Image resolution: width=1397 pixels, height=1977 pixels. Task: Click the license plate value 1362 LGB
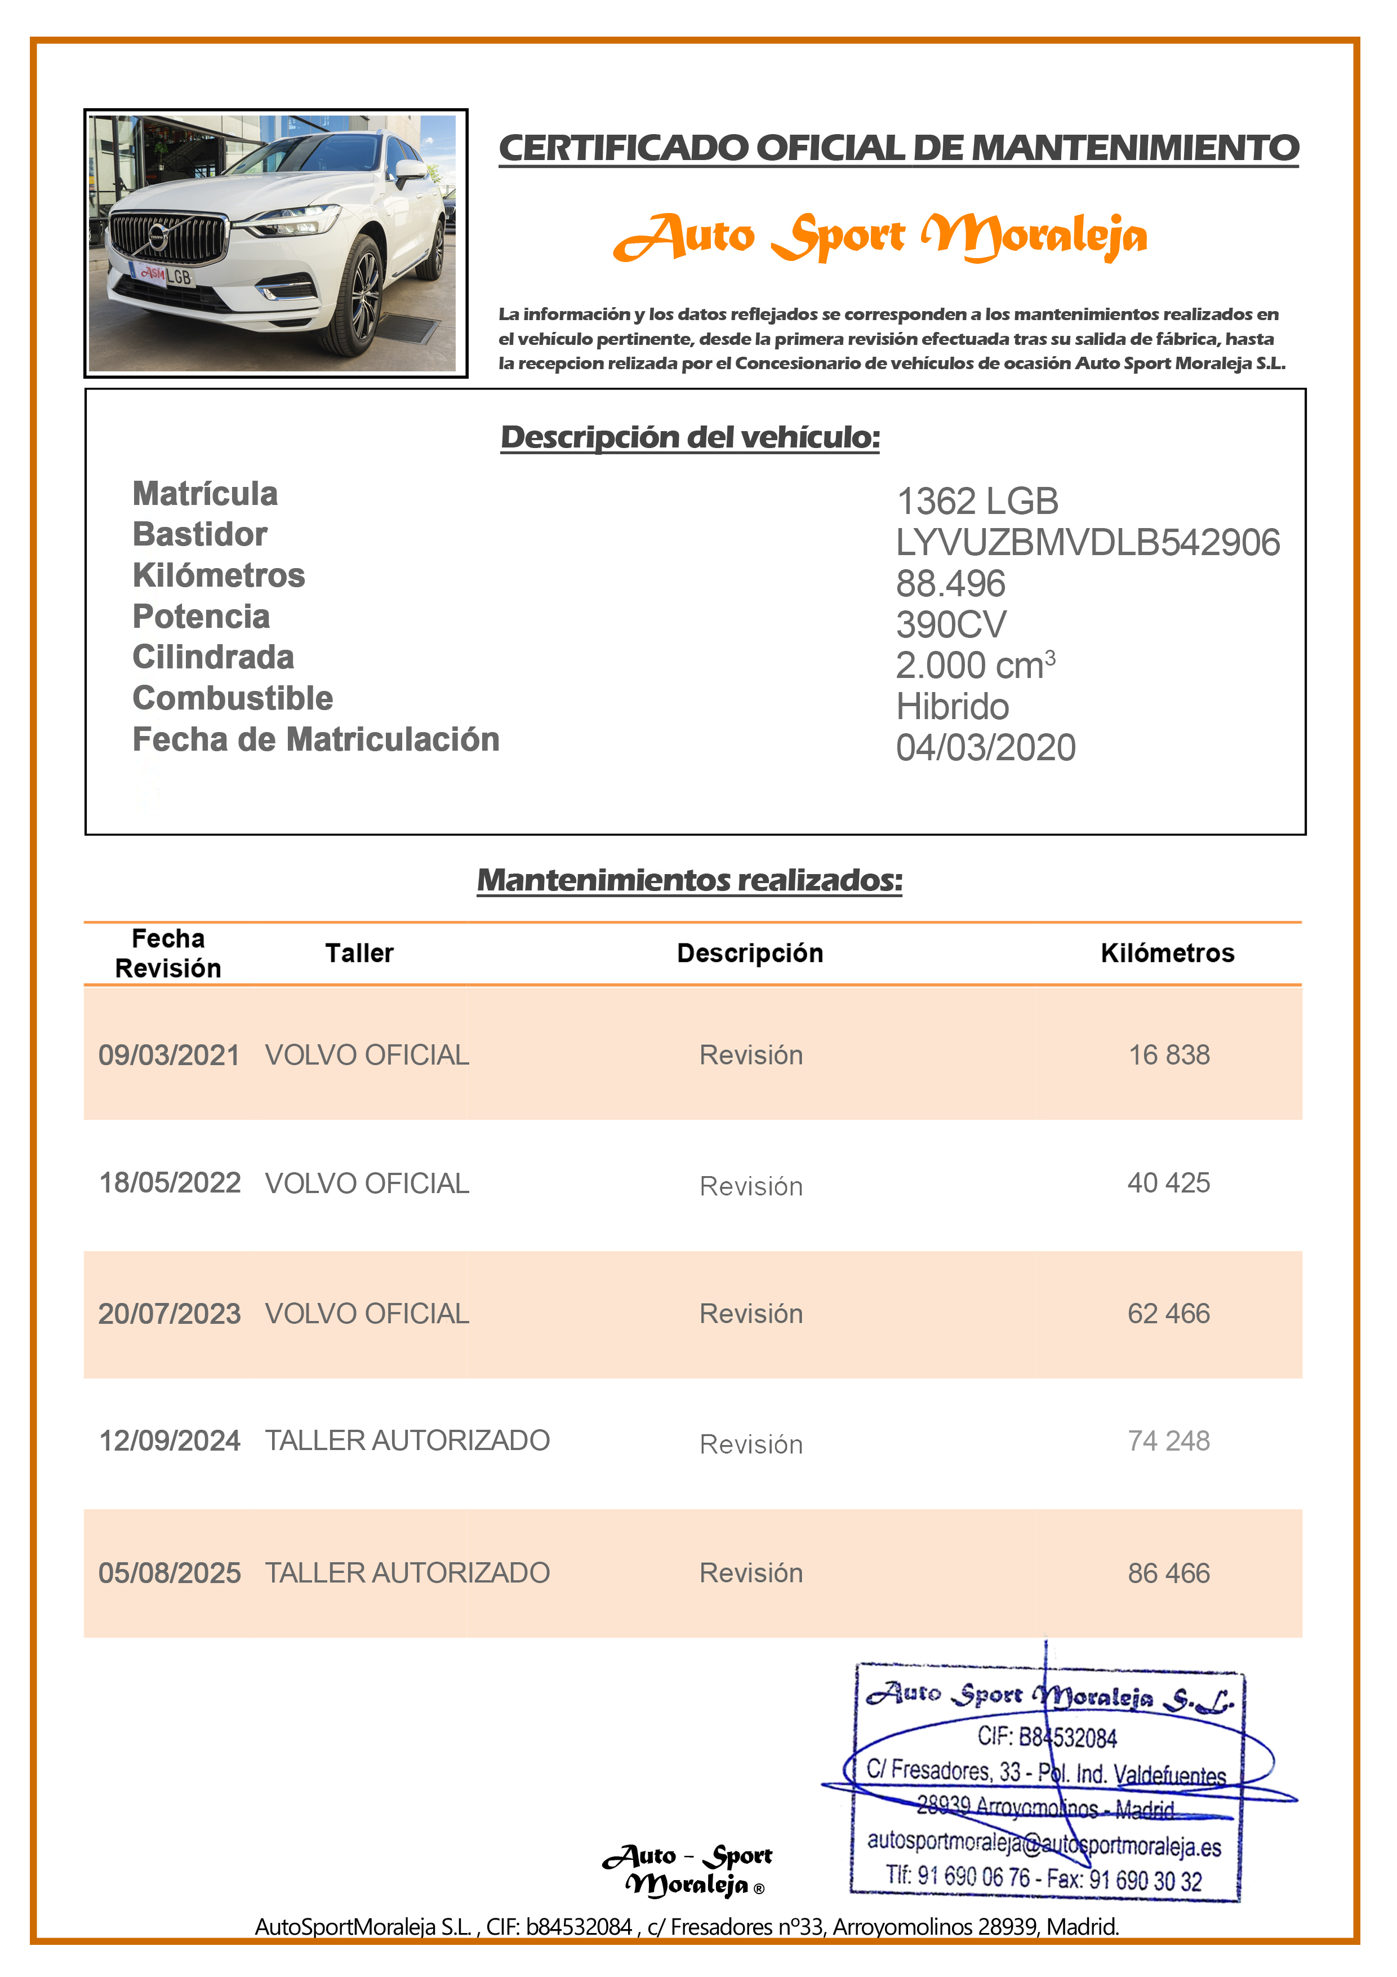click(x=977, y=501)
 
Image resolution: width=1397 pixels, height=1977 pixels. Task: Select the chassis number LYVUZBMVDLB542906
click(x=1087, y=543)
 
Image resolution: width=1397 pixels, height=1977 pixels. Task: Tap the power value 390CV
click(x=950, y=624)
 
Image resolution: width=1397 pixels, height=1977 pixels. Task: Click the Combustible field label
click(x=233, y=698)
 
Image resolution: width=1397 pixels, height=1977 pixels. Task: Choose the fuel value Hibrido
click(x=952, y=707)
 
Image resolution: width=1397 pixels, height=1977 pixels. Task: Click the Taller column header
click(x=359, y=953)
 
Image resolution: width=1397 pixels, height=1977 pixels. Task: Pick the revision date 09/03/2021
click(x=168, y=1055)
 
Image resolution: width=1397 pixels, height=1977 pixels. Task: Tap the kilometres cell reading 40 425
click(x=1168, y=1182)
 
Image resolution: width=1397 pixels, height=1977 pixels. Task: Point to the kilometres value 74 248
click(x=1168, y=1440)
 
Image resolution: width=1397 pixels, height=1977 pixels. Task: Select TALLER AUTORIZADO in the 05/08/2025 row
click(x=407, y=1572)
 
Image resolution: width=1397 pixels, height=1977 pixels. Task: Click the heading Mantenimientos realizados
click(x=689, y=880)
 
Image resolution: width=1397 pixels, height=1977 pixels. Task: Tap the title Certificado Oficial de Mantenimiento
click(x=898, y=148)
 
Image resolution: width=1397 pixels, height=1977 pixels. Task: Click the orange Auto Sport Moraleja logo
click(x=880, y=237)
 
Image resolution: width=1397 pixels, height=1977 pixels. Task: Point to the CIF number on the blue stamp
click(x=1046, y=1737)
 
